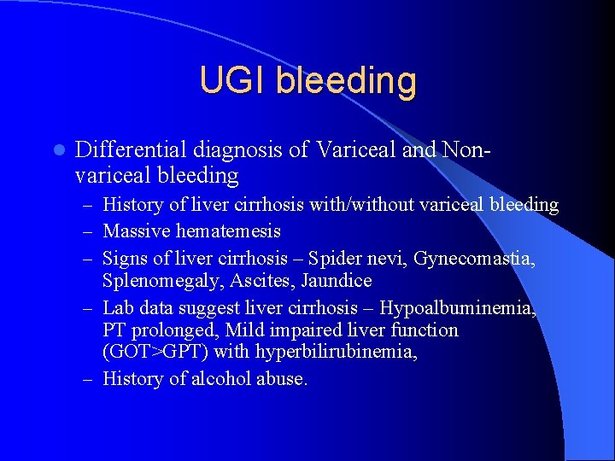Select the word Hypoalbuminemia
(x=458, y=307)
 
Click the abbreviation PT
(x=114, y=330)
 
